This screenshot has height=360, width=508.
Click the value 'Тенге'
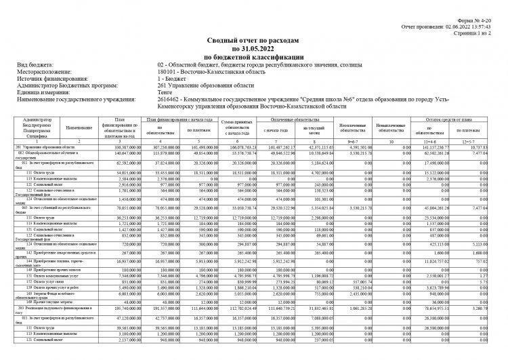pyautogui.click(x=166, y=92)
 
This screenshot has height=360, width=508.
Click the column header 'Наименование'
pyautogui.click(x=79, y=127)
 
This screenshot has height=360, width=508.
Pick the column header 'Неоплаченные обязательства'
pyautogui.click(x=354, y=127)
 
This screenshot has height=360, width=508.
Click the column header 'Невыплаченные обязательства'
pyautogui.click(x=393, y=127)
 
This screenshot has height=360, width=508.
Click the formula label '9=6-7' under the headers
pyautogui.click(x=354, y=140)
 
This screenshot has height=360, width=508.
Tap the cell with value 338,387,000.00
pyautogui.click(x=122, y=146)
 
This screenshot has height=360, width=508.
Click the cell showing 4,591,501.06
pyautogui.click(x=354, y=146)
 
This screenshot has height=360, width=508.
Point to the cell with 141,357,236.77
pyautogui.click(x=431, y=146)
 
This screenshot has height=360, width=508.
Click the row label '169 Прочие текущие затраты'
pyautogui.click(x=47, y=301)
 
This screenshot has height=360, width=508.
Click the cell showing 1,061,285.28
pyautogui.click(x=354, y=307)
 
